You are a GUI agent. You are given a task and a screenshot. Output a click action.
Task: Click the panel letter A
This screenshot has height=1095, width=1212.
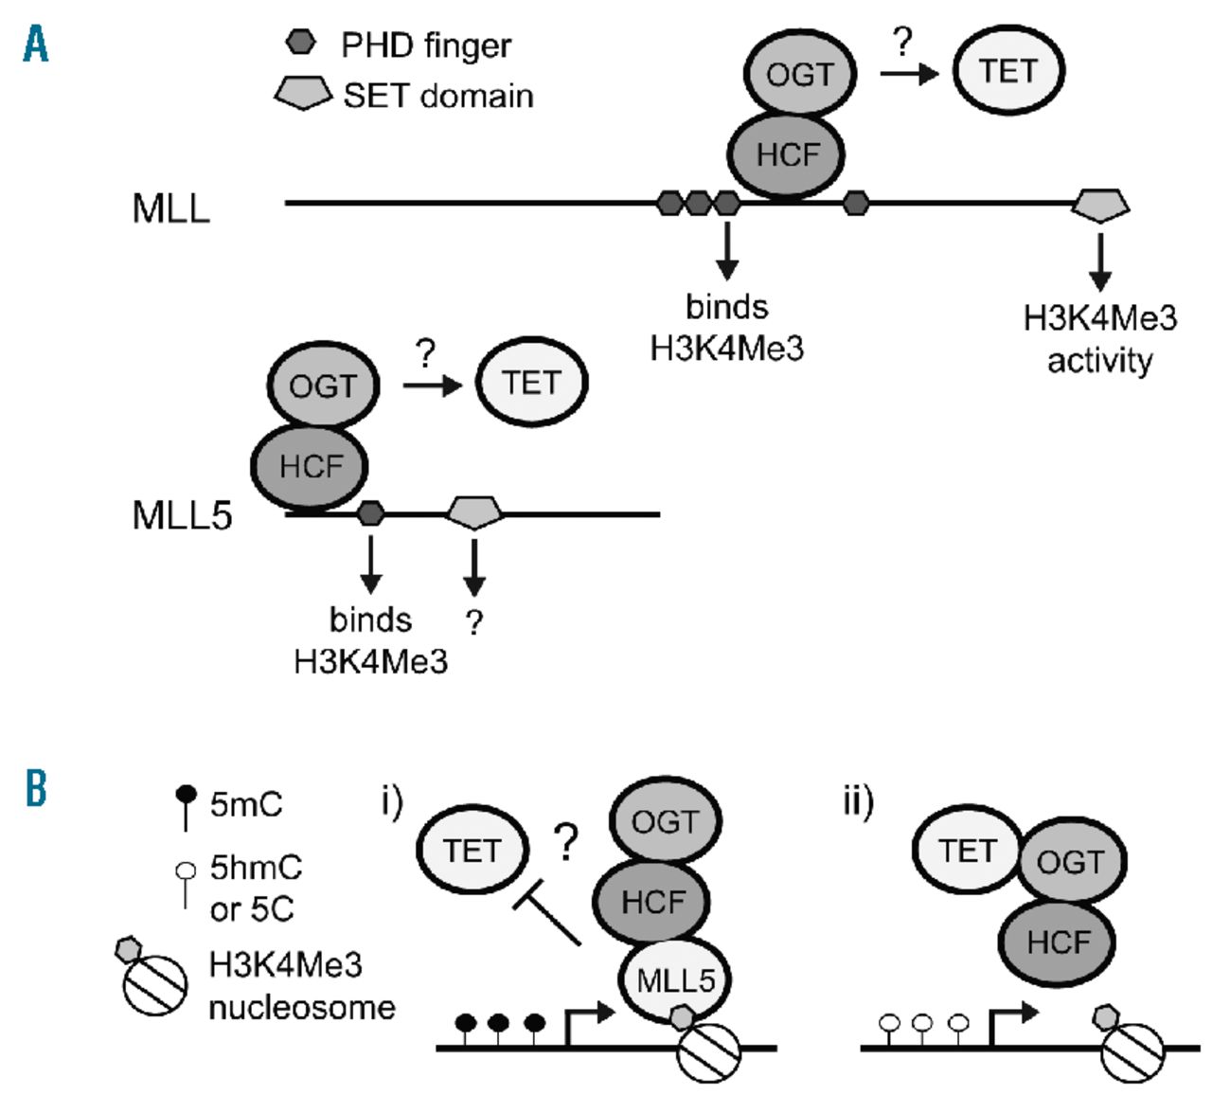[36, 44]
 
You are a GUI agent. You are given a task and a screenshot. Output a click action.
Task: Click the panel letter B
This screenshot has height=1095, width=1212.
[36, 788]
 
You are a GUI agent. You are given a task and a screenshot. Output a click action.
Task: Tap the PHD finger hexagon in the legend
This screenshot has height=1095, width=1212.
[300, 43]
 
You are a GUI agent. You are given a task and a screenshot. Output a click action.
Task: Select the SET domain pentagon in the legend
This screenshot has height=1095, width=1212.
[303, 93]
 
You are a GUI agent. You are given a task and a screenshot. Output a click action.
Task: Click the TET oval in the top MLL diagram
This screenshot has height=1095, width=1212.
[1008, 71]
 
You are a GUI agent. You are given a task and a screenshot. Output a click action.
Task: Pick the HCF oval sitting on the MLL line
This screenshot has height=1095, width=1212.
[786, 154]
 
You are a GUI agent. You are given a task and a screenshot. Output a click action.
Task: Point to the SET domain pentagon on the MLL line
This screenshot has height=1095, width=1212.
[1100, 205]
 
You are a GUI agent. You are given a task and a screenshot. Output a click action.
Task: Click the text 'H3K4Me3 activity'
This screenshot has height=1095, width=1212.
[1100, 339]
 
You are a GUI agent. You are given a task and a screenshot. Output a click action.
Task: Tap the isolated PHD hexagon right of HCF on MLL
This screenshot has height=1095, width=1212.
[856, 203]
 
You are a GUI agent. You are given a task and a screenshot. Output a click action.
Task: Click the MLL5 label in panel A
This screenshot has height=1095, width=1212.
[182, 516]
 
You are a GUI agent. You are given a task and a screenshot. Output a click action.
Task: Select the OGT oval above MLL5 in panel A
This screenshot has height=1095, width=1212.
[323, 386]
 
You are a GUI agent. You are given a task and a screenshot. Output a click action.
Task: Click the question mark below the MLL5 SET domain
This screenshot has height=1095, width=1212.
[474, 622]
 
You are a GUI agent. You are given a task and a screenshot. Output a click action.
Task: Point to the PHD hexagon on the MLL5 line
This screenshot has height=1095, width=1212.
[371, 514]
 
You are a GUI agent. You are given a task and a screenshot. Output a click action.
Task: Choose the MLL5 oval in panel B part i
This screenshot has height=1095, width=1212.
[674, 980]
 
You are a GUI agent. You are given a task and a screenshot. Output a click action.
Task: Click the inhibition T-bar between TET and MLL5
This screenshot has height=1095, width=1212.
[546, 915]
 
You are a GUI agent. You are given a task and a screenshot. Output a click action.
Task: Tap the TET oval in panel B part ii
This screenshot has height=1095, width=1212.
[967, 851]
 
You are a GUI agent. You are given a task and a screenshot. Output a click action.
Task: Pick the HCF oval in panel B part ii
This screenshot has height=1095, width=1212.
[1058, 942]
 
